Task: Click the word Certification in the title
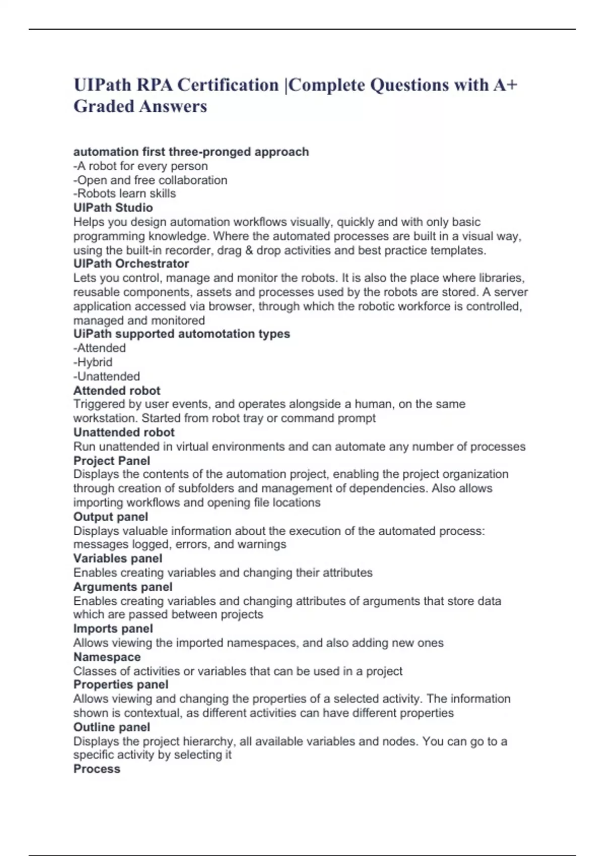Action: pyautogui.click(x=227, y=85)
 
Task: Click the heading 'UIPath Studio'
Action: pyautogui.click(x=113, y=207)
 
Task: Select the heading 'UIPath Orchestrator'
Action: pyautogui.click(x=131, y=263)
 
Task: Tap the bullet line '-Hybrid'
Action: pyautogui.click(x=93, y=362)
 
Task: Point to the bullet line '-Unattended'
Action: pyautogui.click(x=106, y=376)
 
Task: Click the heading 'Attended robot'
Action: pyautogui.click(x=116, y=390)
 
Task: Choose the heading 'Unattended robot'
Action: pyautogui.click(x=124, y=432)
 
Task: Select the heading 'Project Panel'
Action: pyautogui.click(x=111, y=460)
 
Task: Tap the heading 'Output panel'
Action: pyautogui.click(x=110, y=517)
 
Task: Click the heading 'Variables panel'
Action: pyautogui.click(x=117, y=558)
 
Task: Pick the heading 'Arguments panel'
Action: pyautogui.click(x=123, y=587)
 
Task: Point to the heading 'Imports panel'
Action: pyautogui.click(x=113, y=628)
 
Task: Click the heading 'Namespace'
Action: pyautogui.click(x=107, y=657)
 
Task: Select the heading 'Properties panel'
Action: pyautogui.click(x=120, y=685)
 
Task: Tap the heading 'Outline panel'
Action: pyautogui.click(x=111, y=727)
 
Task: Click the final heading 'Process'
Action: pyautogui.click(x=97, y=769)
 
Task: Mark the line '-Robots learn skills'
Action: pyautogui.click(x=125, y=193)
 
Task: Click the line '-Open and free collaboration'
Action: pyautogui.click(x=150, y=180)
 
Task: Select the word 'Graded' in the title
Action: pyautogui.click(x=103, y=106)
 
